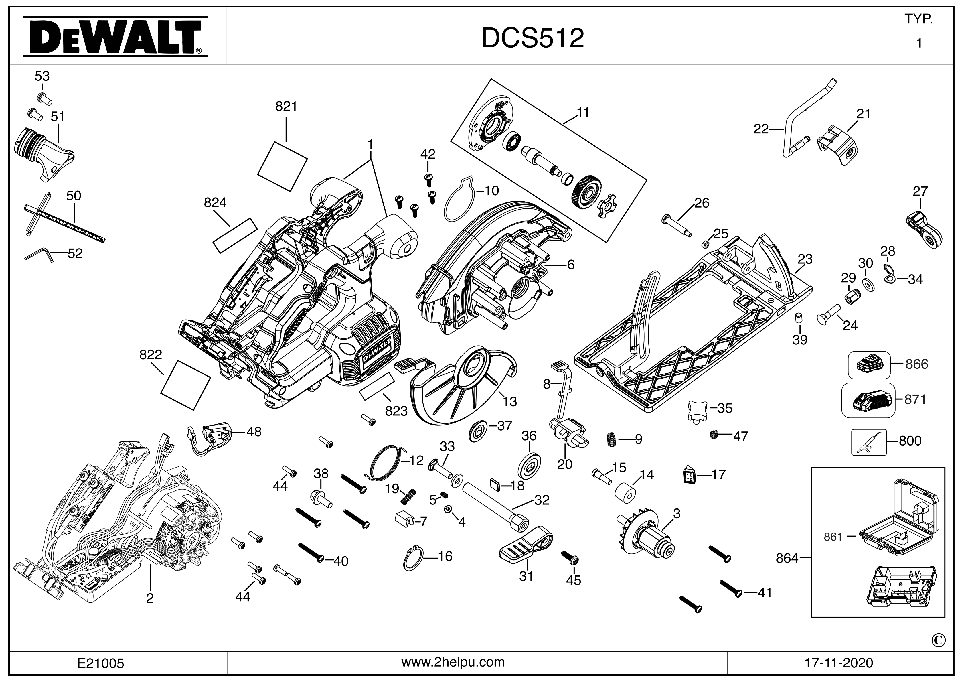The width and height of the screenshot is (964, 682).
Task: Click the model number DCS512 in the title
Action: click(532, 38)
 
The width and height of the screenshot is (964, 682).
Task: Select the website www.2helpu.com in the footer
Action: click(453, 662)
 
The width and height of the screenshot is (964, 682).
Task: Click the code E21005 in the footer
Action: click(101, 663)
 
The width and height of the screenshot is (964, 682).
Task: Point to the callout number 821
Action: click(286, 107)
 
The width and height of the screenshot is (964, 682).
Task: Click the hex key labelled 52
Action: click(39, 255)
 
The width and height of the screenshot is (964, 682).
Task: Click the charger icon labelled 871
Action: click(868, 399)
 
